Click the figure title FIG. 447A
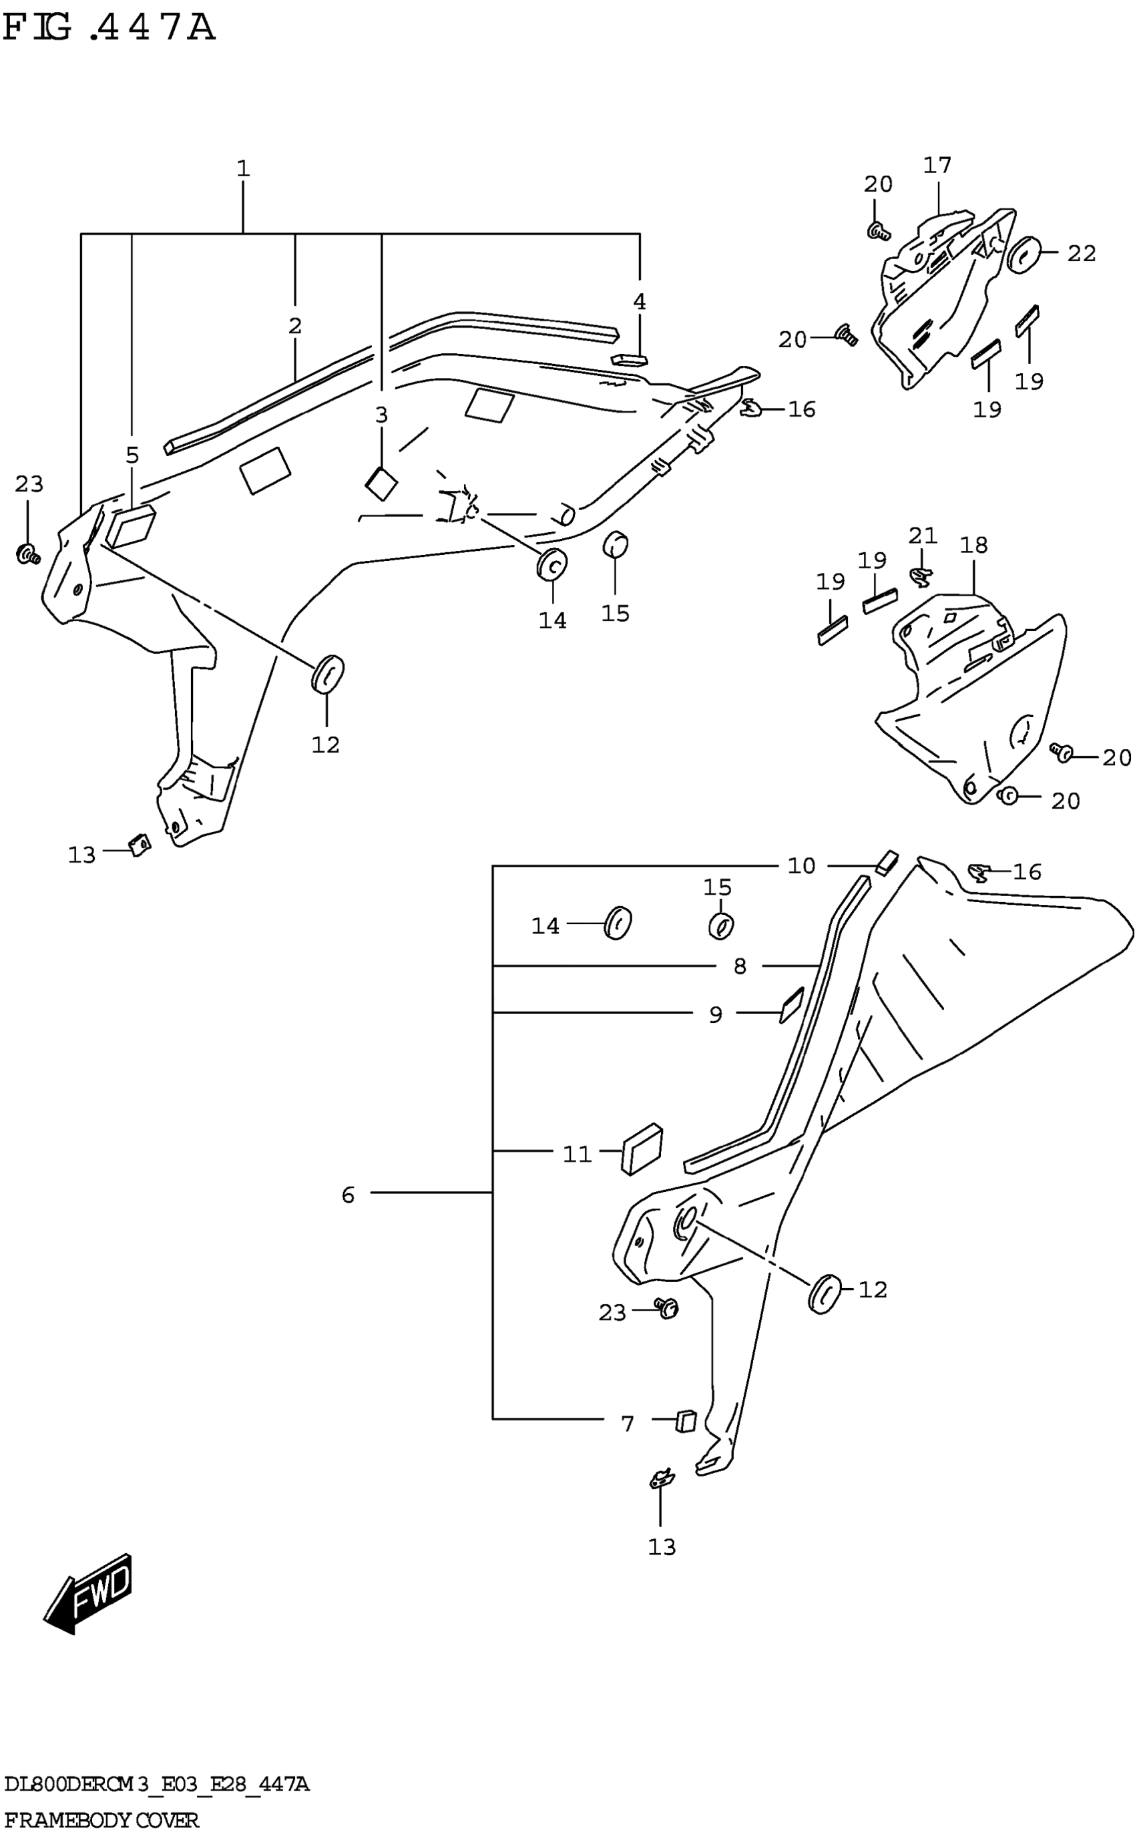point(109,29)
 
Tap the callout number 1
point(242,168)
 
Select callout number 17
point(937,165)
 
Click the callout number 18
point(973,545)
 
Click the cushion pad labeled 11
point(642,1149)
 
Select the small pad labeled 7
point(686,1421)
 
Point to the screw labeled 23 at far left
point(29,555)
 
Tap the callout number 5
point(132,455)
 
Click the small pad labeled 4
point(629,359)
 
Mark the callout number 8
point(739,966)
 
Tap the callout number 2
point(294,326)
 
